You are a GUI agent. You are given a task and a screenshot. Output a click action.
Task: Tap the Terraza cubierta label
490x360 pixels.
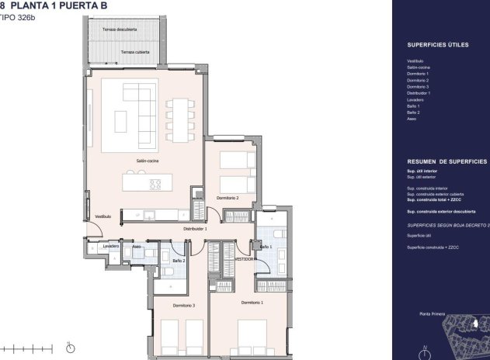(x=136, y=52)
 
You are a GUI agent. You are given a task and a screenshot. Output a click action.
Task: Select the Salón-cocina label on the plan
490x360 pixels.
(x=148, y=161)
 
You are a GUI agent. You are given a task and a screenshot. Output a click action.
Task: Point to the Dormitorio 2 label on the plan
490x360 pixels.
(x=228, y=199)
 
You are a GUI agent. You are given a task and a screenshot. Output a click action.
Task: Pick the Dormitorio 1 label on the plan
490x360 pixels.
(x=252, y=302)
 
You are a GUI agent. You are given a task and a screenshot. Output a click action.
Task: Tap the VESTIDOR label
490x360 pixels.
(x=246, y=259)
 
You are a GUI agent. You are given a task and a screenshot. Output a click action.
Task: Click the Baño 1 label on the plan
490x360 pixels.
(x=266, y=246)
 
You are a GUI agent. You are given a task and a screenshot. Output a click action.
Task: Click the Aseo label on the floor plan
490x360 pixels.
(x=136, y=246)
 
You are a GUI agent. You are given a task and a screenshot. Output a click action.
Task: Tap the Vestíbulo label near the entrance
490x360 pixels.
(x=103, y=216)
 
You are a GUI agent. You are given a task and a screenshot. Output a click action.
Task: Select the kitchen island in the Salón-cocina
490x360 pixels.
(x=143, y=184)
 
